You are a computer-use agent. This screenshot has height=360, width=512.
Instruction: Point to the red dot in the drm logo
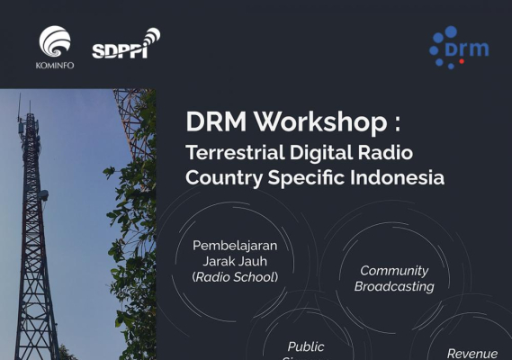click(462, 61)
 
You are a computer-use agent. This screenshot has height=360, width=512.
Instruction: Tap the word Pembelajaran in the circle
click(235, 246)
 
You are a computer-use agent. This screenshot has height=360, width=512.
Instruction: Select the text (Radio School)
click(235, 276)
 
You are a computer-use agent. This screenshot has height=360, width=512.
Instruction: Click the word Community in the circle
click(394, 270)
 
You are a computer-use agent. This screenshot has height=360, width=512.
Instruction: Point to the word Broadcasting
click(394, 286)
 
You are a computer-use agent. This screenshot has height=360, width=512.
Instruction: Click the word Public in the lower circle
click(306, 346)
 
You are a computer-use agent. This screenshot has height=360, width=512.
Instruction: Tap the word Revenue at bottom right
click(472, 353)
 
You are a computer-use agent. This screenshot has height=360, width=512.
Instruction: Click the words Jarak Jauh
click(235, 261)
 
